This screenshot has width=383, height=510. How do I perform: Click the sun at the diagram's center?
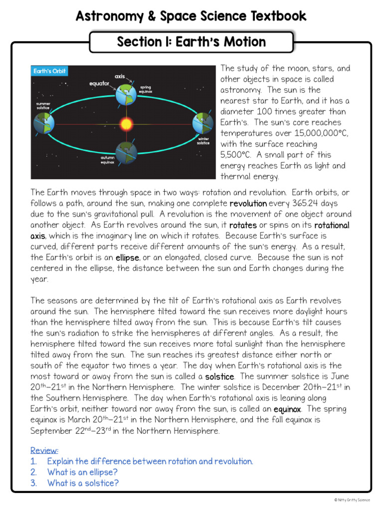click(x=125, y=123)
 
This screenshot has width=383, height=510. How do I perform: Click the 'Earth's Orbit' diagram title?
click(x=49, y=71)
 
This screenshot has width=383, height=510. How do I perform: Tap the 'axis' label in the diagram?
click(x=120, y=76)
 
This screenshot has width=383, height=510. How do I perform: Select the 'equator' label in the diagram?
click(x=99, y=84)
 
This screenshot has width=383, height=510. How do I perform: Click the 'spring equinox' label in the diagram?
click(x=145, y=90)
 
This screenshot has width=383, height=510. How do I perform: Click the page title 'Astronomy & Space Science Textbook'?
click(x=191, y=16)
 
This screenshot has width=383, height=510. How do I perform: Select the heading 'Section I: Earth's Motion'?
click(x=191, y=42)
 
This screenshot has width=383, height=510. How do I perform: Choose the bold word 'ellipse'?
click(x=128, y=258)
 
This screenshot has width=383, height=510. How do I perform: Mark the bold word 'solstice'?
click(x=219, y=377)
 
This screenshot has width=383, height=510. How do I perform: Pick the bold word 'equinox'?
click(x=287, y=409)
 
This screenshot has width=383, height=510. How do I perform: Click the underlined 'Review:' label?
click(x=44, y=450)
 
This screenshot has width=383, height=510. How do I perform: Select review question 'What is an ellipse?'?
click(x=82, y=472)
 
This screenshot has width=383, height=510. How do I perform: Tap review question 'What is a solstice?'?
click(x=83, y=483)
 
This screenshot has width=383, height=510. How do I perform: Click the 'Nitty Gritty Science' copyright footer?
click(x=352, y=500)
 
